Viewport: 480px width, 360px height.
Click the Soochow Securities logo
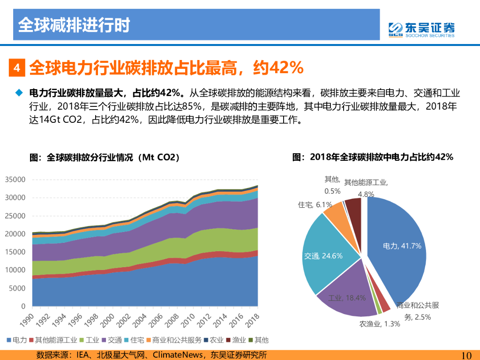point(421,29)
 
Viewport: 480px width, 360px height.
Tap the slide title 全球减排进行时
point(74,25)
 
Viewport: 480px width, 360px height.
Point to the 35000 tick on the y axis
point(15,180)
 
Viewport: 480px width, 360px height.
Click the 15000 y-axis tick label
point(15,252)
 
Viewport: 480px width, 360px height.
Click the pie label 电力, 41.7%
point(402,246)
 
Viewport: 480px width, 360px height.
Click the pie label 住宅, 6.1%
point(315,205)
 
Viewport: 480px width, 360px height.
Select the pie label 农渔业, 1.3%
point(380,324)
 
